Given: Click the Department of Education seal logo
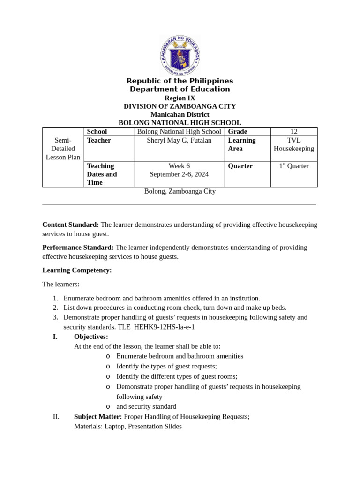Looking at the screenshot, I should (x=180, y=56).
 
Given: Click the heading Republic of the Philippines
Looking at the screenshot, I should (x=180, y=81).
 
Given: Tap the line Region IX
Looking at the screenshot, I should (x=180, y=98).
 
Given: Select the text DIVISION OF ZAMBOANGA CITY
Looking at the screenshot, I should (x=180, y=106).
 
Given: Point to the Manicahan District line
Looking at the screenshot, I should (x=180, y=114).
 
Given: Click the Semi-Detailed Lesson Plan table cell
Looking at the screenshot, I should (x=63, y=149).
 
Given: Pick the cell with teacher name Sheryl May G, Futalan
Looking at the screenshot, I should (x=179, y=140).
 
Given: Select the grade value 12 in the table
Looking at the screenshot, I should (x=294, y=132).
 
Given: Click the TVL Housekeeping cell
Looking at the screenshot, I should (x=294, y=144).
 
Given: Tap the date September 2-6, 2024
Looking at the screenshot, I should (x=179, y=174).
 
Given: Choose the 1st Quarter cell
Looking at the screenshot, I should (x=294, y=166).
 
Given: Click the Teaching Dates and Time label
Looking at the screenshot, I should (x=102, y=174).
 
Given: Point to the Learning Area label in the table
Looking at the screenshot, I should (x=242, y=144).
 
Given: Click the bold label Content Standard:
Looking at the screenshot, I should (x=71, y=225).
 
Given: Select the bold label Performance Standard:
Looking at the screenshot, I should (x=78, y=247).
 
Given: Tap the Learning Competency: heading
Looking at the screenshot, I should (x=77, y=270).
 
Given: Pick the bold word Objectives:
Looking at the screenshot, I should (x=91, y=337).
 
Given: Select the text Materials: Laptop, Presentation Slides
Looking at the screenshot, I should (x=128, y=427).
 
